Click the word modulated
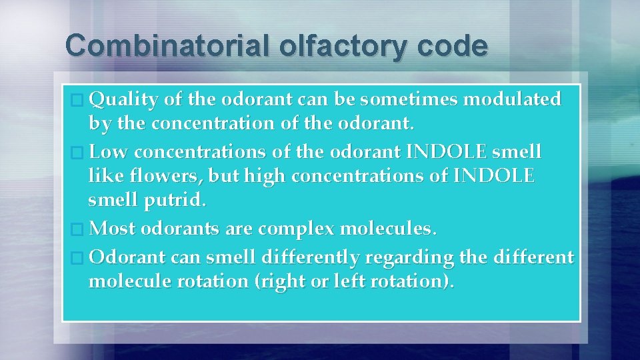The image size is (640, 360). (x=512, y=100)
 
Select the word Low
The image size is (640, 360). (x=109, y=152)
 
